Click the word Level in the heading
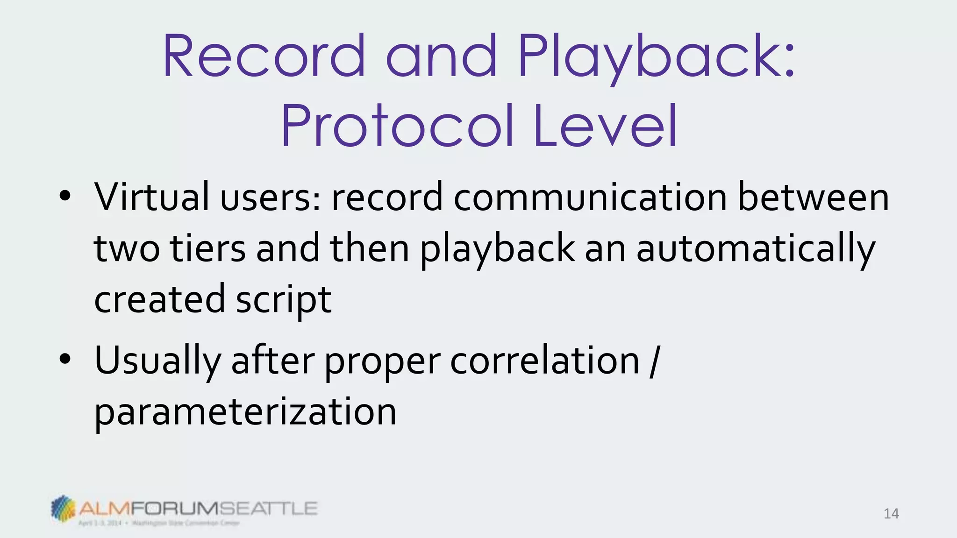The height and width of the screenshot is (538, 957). [605, 125]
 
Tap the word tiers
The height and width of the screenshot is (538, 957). [207, 248]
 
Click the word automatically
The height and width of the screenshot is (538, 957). [756, 249]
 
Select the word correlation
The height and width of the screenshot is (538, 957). [544, 361]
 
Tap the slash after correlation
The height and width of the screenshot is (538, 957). [654, 361]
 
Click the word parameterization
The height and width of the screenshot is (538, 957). [245, 412]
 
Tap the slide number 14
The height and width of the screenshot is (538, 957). [891, 514]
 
